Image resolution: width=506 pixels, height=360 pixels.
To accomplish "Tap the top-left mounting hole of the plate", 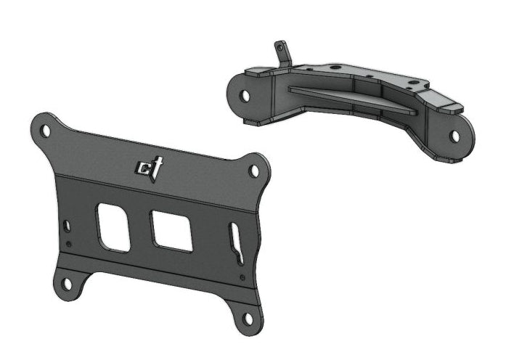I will pos(46,131).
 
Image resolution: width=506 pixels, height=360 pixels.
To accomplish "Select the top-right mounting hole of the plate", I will pos(254,171).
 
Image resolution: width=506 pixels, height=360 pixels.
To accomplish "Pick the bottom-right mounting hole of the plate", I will pos(248,318).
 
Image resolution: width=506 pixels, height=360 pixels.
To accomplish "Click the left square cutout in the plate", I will pos(114,226).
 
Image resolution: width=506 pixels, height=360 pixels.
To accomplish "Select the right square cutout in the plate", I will pos(171,231).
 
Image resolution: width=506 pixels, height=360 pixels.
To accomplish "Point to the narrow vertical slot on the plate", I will pos(236,243).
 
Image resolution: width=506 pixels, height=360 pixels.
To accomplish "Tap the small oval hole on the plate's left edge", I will pos(67,226).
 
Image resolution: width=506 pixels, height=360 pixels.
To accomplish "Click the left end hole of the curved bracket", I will pos(245,95).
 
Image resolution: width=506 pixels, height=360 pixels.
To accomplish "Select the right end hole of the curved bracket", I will pos(454,135).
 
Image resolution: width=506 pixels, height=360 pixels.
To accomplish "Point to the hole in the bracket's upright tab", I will pos(280,49).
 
